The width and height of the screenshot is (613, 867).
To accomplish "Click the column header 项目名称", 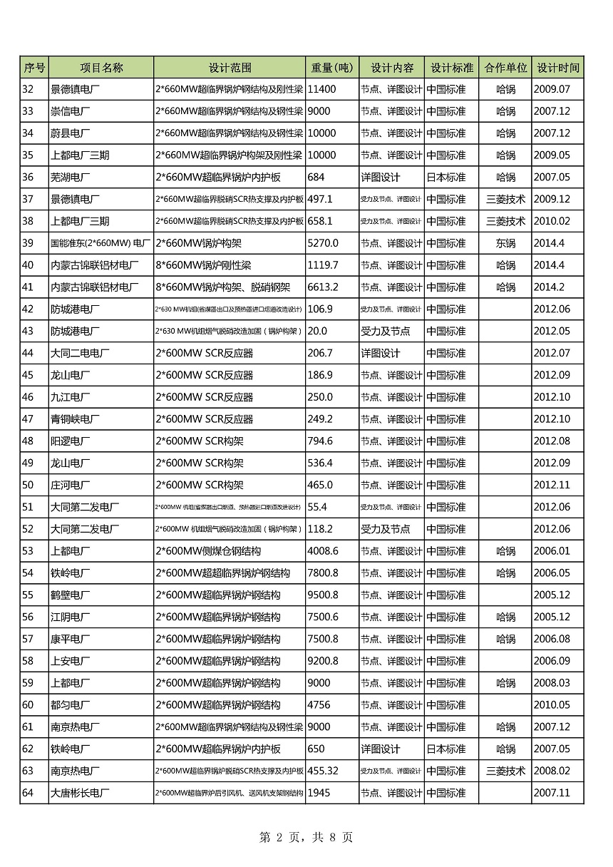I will pos(101,68).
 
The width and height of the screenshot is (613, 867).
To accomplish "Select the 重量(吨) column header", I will pos(332,68).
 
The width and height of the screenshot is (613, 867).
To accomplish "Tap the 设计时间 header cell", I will pos(557,68).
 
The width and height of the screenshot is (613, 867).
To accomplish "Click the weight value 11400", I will pos(321,90).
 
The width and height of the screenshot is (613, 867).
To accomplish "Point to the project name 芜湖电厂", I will pos(71,178).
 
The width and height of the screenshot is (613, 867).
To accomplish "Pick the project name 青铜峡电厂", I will pos(75,419).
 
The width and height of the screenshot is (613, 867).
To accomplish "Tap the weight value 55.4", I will pos(317,507).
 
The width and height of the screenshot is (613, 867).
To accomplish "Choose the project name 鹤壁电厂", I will pos(71,595).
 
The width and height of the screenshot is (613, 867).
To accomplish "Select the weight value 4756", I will pos(319,705).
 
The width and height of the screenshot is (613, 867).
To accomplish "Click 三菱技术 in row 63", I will pos(505,771).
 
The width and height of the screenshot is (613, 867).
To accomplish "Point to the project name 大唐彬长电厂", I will pos(80,793).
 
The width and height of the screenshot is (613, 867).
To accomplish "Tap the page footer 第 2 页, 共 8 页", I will pos(306,838).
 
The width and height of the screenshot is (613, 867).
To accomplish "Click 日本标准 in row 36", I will pos(446,178).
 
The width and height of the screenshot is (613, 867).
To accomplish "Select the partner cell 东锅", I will pos(505,243).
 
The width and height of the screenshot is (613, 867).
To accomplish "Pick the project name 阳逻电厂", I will pos(71,441).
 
